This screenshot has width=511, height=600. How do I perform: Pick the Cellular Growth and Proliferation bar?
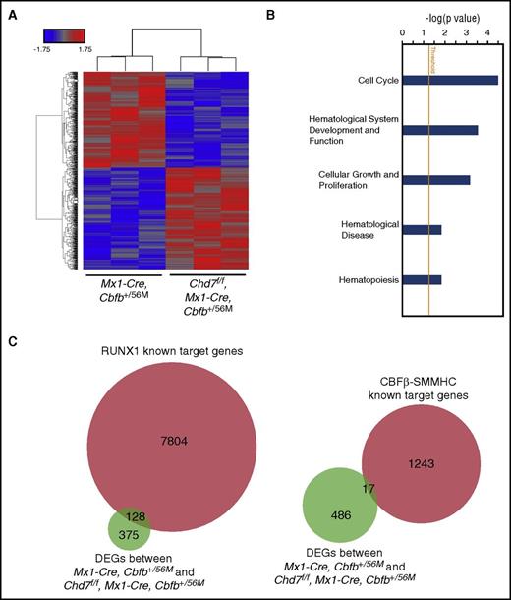(436, 180)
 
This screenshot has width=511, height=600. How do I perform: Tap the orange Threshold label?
(430, 58)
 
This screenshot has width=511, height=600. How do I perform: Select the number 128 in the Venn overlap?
(127, 518)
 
